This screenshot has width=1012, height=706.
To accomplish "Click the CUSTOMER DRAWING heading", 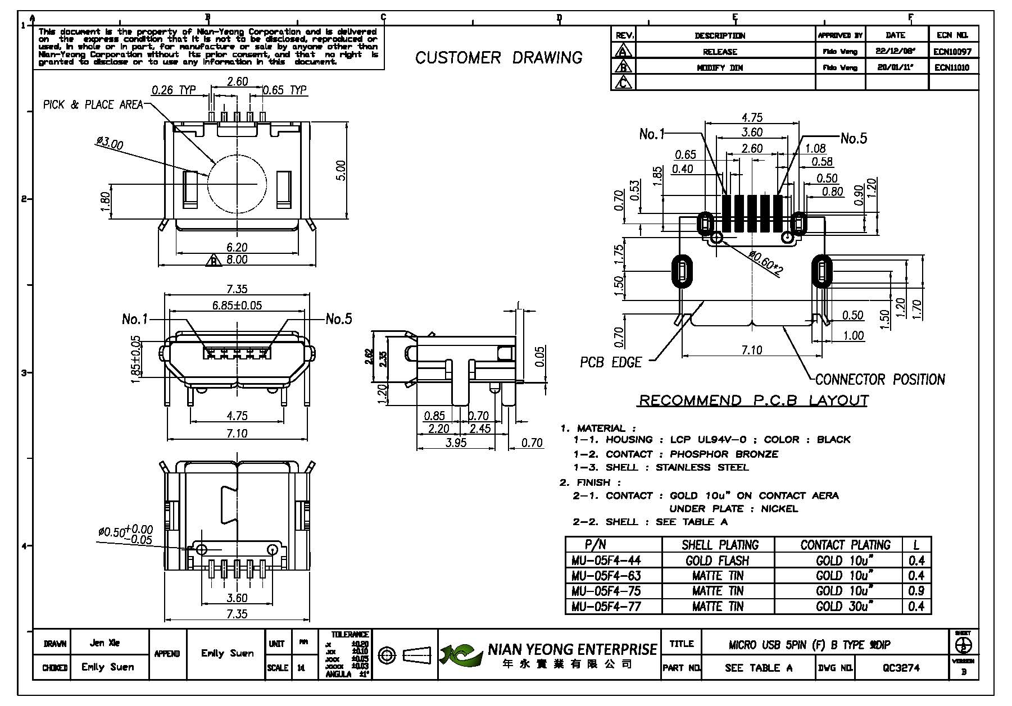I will click(498, 57).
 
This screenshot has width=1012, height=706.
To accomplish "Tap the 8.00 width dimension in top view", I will click(237, 260).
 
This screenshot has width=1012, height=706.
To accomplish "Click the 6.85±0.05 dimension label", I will click(237, 306).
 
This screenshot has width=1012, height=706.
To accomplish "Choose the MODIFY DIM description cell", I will click(720, 67).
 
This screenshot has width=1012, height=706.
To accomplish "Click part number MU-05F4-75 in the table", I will click(606, 591).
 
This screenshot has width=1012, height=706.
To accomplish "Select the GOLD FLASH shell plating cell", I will click(717, 561).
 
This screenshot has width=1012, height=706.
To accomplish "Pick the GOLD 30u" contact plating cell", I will click(845, 607).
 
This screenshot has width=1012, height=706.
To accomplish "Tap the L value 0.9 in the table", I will click(916, 591).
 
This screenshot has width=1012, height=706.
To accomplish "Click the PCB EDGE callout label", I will click(610, 363).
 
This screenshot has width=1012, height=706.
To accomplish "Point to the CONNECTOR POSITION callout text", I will click(879, 380).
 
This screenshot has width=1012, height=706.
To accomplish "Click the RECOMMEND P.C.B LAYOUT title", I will click(754, 400).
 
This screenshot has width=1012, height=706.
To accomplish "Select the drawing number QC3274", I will click(901, 668).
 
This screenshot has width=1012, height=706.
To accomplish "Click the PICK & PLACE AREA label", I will click(93, 105).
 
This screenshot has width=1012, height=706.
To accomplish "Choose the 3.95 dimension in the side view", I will click(456, 443).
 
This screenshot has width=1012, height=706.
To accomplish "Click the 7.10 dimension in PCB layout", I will click(751, 350).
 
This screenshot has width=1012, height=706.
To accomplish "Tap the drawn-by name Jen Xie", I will click(105, 643).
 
